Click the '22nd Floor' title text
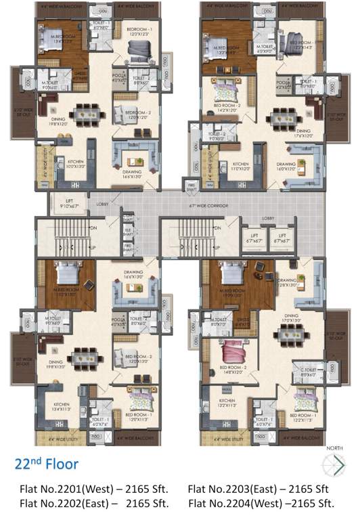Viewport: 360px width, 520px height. [47, 464]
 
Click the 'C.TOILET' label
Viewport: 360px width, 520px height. [308, 372]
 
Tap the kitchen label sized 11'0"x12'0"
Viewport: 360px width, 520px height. [243, 166]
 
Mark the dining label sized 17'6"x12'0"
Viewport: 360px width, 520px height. [302, 133]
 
